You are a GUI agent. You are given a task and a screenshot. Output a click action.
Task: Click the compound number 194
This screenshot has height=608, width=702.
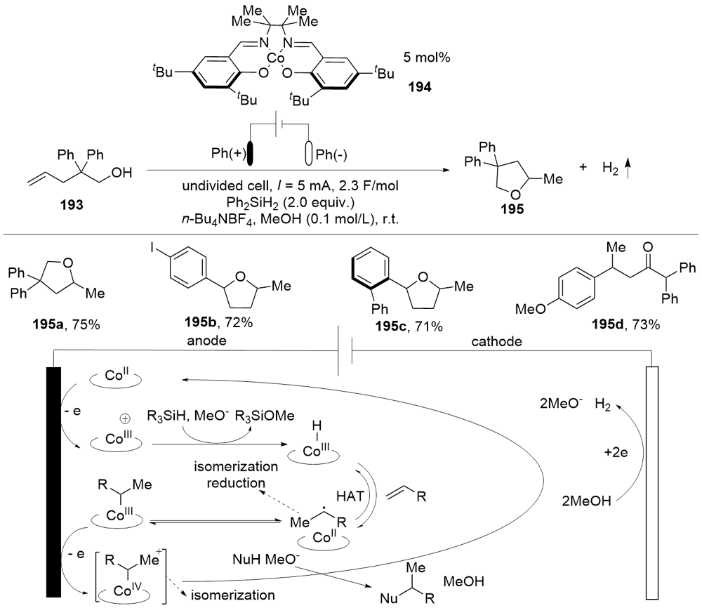(419, 90)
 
